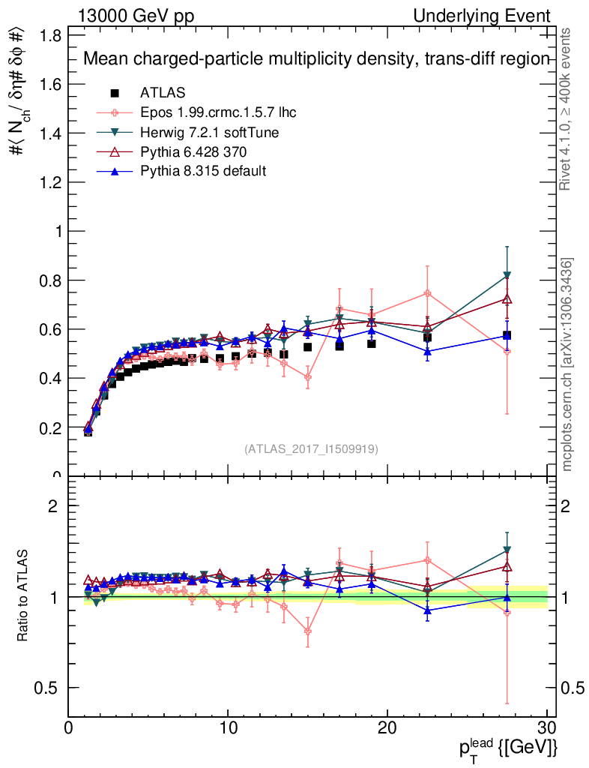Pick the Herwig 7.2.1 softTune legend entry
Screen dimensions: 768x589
tap(210, 133)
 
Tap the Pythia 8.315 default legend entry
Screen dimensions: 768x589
tap(203, 171)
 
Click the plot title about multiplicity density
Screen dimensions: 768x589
tap(316, 59)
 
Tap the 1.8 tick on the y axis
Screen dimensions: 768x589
tap(52, 35)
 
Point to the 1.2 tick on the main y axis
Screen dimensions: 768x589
tap(52, 182)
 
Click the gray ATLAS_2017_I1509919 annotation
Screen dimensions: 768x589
tap(311, 448)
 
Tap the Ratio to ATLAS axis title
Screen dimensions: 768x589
tap(23, 597)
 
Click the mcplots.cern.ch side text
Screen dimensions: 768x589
tap(567, 364)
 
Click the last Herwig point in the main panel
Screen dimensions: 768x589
tap(507, 276)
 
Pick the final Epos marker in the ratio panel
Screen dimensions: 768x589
tap(507, 613)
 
